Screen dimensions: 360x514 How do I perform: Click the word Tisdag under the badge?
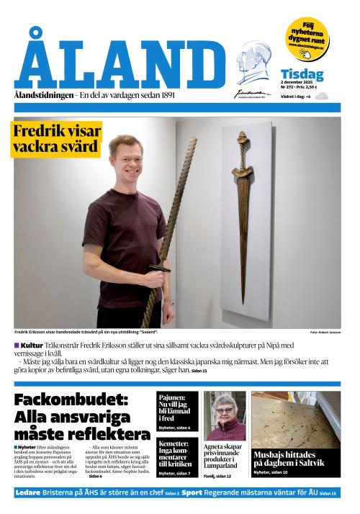[302, 74]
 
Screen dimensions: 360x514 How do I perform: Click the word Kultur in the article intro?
[32, 346]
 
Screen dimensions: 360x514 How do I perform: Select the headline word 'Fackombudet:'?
[71, 401]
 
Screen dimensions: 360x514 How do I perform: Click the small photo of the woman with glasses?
[225, 415]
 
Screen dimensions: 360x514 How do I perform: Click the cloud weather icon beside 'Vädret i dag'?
[321, 96]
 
